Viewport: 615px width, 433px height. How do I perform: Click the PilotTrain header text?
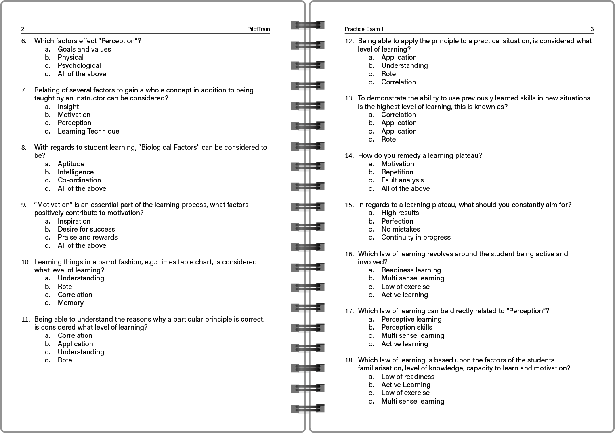coord(258,29)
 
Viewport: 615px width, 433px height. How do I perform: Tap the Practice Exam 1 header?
coord(364,29)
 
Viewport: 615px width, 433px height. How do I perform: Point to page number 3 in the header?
coord(592,29)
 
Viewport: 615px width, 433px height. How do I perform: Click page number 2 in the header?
coord(23,29)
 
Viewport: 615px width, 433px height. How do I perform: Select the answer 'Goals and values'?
coord(84,49)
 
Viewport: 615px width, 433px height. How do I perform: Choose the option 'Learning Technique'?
coord(88,131)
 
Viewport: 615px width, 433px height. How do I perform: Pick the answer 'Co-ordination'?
coord(79,180)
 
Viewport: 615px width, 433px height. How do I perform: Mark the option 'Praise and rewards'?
coord(87,237)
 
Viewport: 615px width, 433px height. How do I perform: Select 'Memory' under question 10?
coord(70,303)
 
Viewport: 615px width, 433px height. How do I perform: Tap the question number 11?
coord(25,319)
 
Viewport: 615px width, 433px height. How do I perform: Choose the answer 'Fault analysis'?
coord(402,180)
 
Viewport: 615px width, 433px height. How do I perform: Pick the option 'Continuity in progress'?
coord(416,237)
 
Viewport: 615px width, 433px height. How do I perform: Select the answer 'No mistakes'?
coord(401,229)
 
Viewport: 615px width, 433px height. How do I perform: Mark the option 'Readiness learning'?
coord(411,270)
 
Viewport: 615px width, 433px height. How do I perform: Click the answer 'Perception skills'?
coord(406,327)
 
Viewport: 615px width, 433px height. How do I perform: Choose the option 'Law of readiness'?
coord(407,377)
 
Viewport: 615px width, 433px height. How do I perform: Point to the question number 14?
coord(349,156)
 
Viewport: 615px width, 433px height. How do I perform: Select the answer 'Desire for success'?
coord(86,229)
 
